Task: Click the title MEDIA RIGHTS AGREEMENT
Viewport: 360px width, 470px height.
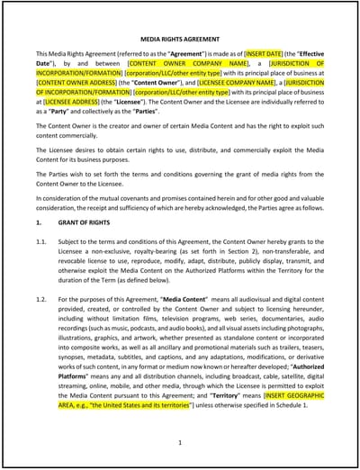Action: (x=180, y=40)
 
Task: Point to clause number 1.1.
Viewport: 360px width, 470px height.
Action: (x=41, y=242)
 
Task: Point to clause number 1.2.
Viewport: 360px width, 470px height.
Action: (x=41, y=298)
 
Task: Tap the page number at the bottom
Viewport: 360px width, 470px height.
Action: (x=180, y=442)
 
